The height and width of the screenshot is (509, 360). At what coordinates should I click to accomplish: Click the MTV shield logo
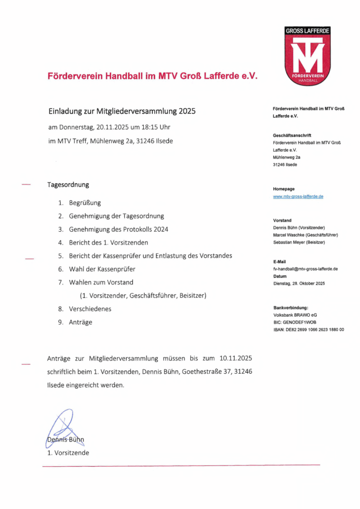(307, 56)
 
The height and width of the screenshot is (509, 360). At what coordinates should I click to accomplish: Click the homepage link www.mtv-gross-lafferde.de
(298, 196)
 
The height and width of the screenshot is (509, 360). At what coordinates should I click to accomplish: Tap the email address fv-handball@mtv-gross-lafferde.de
(305, 268)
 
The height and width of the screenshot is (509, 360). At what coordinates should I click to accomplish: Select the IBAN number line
(308, 330)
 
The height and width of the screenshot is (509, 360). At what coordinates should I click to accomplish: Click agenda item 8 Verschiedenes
(90, 309)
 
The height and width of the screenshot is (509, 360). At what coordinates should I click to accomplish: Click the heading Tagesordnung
(68, 184)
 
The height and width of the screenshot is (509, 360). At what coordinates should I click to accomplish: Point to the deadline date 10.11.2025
(236, 358)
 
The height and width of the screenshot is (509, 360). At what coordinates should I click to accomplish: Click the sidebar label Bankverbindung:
(291, 308)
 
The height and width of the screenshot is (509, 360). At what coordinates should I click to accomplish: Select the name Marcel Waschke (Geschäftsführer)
(305, 235)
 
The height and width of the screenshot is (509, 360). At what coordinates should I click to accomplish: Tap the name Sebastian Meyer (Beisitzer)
(299, 242)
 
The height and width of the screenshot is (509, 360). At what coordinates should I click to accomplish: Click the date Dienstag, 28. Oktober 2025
(299, 283)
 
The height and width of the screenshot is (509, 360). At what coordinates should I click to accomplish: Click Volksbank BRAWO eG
(295, 315)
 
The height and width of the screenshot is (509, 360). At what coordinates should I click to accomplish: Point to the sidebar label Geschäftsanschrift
(292, 135)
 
